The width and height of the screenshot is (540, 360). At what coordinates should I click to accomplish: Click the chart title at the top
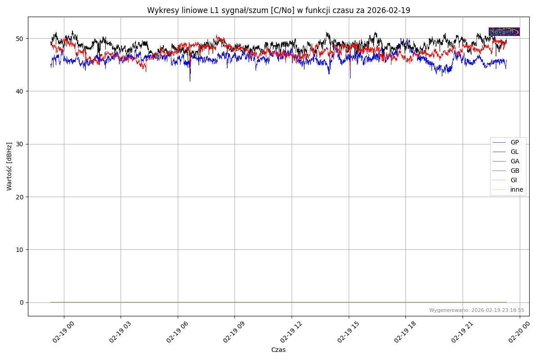279,10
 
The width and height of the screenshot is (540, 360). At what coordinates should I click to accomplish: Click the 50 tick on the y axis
20,39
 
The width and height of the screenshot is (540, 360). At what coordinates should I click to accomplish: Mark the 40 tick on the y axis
20,91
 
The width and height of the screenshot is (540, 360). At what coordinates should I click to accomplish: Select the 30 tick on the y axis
20,144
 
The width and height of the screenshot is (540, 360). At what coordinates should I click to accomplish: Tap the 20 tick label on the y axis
20,197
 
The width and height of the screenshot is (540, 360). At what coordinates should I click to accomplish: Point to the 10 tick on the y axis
20,250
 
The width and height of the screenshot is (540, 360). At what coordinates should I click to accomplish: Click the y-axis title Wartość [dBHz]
9,166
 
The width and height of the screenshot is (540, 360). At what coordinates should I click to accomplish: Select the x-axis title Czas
278,350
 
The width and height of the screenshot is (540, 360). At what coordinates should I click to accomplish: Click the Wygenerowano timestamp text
477,310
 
